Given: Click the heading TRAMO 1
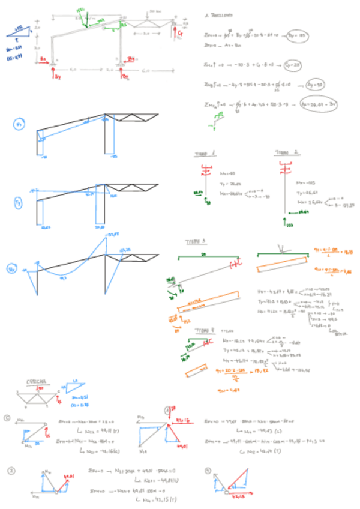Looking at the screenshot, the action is click(201, 154).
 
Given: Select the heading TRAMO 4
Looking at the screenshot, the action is click(202, 330).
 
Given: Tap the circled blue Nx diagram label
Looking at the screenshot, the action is click(19, 125).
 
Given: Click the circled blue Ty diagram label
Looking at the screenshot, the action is click(18, 204).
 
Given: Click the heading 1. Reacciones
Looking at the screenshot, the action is click(221, 14).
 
